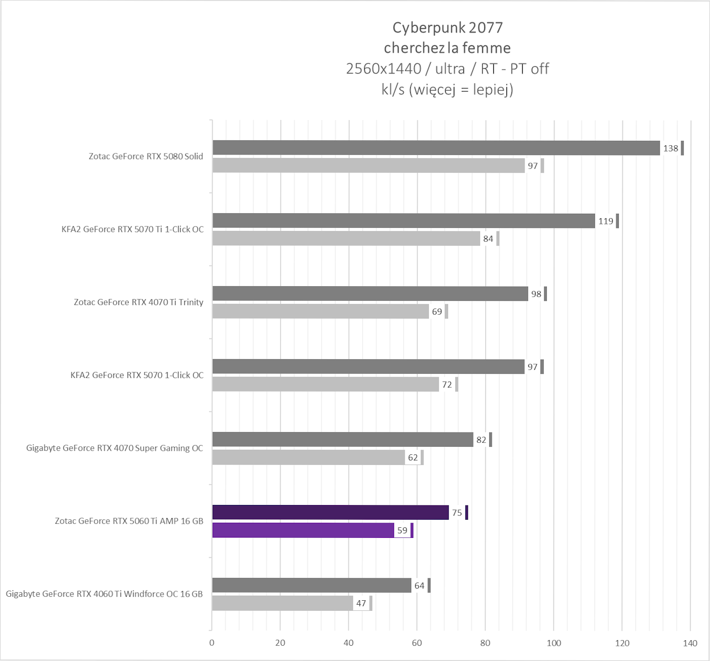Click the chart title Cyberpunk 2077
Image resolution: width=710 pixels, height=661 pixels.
pyautogui.click(x=448, y=27)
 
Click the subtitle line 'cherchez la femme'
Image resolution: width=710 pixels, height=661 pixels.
pyautogui.click(x=447, y=48)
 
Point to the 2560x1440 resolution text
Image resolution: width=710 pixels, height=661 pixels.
pyautogui.click(x=383, y=69)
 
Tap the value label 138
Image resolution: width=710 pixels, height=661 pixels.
pyautogui.click(x=670, y=148)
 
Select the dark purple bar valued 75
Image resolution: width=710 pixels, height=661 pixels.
pyautogui.click(x=330, y=513)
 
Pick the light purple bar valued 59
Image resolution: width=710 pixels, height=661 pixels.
pyautogui.click(x=303, y=530)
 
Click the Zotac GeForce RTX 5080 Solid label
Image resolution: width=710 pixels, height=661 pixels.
pyautogui.click(x=146, y=157)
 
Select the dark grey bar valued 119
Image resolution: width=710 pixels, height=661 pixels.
pyautogui.click(x=404, y=221)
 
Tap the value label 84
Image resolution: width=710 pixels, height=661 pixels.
pyautogui.click(x=488, y=239)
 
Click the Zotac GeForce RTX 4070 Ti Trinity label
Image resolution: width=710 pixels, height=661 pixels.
pyautogui.click(x=138, y=302)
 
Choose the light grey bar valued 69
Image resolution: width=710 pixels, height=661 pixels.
pyautogui.click(x=321, y=312)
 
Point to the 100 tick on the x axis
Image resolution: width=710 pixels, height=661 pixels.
pyautogui.click(x=554, y=643)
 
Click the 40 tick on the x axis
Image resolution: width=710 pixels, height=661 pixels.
pyautogui.click(x=348, y=643)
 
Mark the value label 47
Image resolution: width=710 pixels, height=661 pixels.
pyautogui.click(x=361, y=603)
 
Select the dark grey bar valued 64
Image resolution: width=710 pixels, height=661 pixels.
pyautogui.click(x=311, y=586)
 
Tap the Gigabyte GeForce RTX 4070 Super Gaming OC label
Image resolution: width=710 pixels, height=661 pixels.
pyautogui.click(x=114, y=448)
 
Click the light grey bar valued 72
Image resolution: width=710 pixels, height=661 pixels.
pyautogui.click(x=326, y=384)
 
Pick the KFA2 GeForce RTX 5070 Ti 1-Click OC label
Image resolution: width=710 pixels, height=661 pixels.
pyautogui.click(x=133, y=229)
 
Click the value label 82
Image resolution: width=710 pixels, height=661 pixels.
pyautogui.click(x=481, y=440)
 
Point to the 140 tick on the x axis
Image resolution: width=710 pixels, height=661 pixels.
pyautogui.click(x=690, y=643)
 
